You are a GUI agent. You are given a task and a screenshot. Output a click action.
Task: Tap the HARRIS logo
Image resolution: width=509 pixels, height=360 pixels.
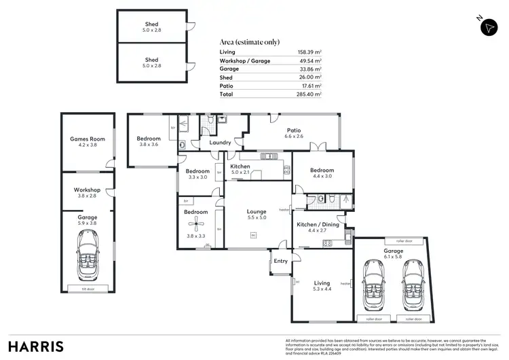coord(36,345)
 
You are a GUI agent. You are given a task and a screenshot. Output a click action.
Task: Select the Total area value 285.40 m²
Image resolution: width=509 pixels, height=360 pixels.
coord(307,94)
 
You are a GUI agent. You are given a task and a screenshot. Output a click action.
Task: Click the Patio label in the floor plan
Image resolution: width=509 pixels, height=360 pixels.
coord(294,130)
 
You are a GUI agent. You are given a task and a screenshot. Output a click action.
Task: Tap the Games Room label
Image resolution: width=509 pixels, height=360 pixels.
coord(88,139)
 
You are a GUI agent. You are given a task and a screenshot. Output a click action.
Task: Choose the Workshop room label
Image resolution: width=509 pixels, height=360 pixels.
coord(88,190)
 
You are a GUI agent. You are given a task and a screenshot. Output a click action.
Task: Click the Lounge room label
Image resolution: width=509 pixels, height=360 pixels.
coord(257,211)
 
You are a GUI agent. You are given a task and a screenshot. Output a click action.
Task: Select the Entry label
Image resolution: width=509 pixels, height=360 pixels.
coord(281,261)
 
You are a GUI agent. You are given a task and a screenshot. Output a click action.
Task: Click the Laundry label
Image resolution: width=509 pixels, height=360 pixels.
coord(221,143)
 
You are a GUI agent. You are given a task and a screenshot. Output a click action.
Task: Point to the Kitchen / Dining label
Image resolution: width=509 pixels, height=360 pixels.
coord(318,223)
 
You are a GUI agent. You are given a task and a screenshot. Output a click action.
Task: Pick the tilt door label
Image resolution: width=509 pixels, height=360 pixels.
coord(88,288)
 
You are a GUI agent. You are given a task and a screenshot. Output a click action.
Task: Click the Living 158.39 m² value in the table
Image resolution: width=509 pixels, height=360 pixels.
coord(308,52)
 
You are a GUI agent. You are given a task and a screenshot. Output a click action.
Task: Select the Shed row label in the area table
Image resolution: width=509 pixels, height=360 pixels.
coord(227,77)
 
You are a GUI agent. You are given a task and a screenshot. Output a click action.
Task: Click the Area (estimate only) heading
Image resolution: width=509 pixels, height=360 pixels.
coord(250,41)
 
